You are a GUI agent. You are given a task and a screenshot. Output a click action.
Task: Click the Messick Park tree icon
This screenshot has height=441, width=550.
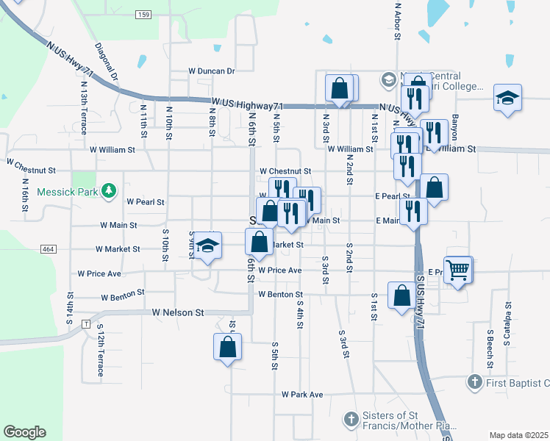coord(109,191)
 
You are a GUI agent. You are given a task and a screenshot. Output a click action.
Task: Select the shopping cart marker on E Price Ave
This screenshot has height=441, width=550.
coord(458,271)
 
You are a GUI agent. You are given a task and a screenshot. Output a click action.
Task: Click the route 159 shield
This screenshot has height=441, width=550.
coord(144,15)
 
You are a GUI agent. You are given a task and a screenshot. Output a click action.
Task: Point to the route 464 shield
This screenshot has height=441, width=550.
coord(49,250)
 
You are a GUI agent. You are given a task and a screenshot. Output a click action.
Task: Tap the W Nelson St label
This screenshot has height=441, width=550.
coord(178,312)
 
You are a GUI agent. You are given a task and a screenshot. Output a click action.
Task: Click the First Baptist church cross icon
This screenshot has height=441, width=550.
coord(475,382)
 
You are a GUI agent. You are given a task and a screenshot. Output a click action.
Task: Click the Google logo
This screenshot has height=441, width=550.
coord(24,432)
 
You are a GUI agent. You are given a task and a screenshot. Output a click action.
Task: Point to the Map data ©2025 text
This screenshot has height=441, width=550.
coord(519,435)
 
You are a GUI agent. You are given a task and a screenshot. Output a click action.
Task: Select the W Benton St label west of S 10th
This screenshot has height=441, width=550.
coord(121,295)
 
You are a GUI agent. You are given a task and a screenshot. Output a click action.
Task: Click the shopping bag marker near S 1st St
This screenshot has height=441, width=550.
coord(401,296)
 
